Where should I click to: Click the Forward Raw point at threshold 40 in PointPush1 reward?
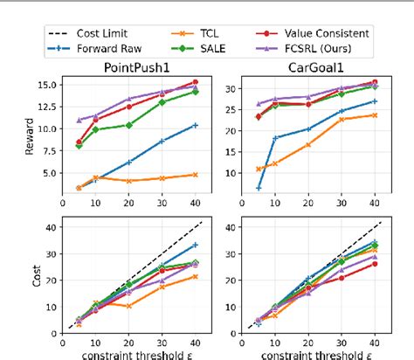coord(195,125)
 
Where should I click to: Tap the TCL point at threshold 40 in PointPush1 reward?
coord(195,175)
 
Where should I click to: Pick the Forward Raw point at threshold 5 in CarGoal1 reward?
coord(259,188)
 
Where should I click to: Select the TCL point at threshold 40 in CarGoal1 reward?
coord(375,114)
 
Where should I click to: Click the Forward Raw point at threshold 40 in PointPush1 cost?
coord(195,245)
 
